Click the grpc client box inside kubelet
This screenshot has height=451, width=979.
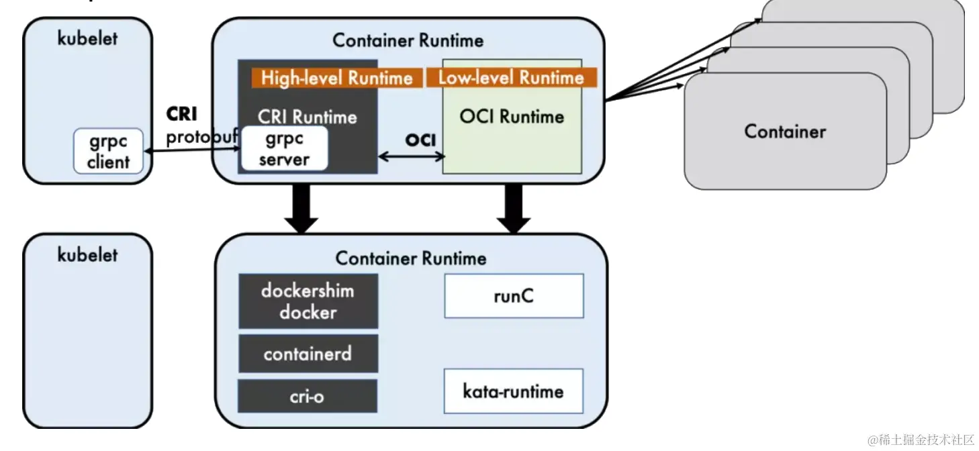pos(108,152)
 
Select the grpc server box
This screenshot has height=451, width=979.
pos(284,149)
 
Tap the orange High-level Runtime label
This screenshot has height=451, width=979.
pos(336,78)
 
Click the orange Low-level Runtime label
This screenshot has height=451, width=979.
pos(511,78)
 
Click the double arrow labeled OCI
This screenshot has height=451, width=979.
pos(412,157)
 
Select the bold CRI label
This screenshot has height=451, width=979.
pos(182,114)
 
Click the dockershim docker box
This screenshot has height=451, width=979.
pos(308,301)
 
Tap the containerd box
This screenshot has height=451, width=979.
pos(308,353)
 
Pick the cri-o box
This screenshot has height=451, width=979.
pos(308,396)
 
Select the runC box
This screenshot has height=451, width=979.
pos(514,296)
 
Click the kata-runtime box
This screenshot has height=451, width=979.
pos(514,391)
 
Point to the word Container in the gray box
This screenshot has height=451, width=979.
pos(785,131)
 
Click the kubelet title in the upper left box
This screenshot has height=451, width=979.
pos(87,38)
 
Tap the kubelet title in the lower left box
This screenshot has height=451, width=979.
pos(87,255)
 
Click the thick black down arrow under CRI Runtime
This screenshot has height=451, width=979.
pos(301,208)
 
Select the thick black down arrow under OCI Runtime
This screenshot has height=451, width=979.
pos(514,208)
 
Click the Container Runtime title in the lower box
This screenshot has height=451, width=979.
pos(411,258)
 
